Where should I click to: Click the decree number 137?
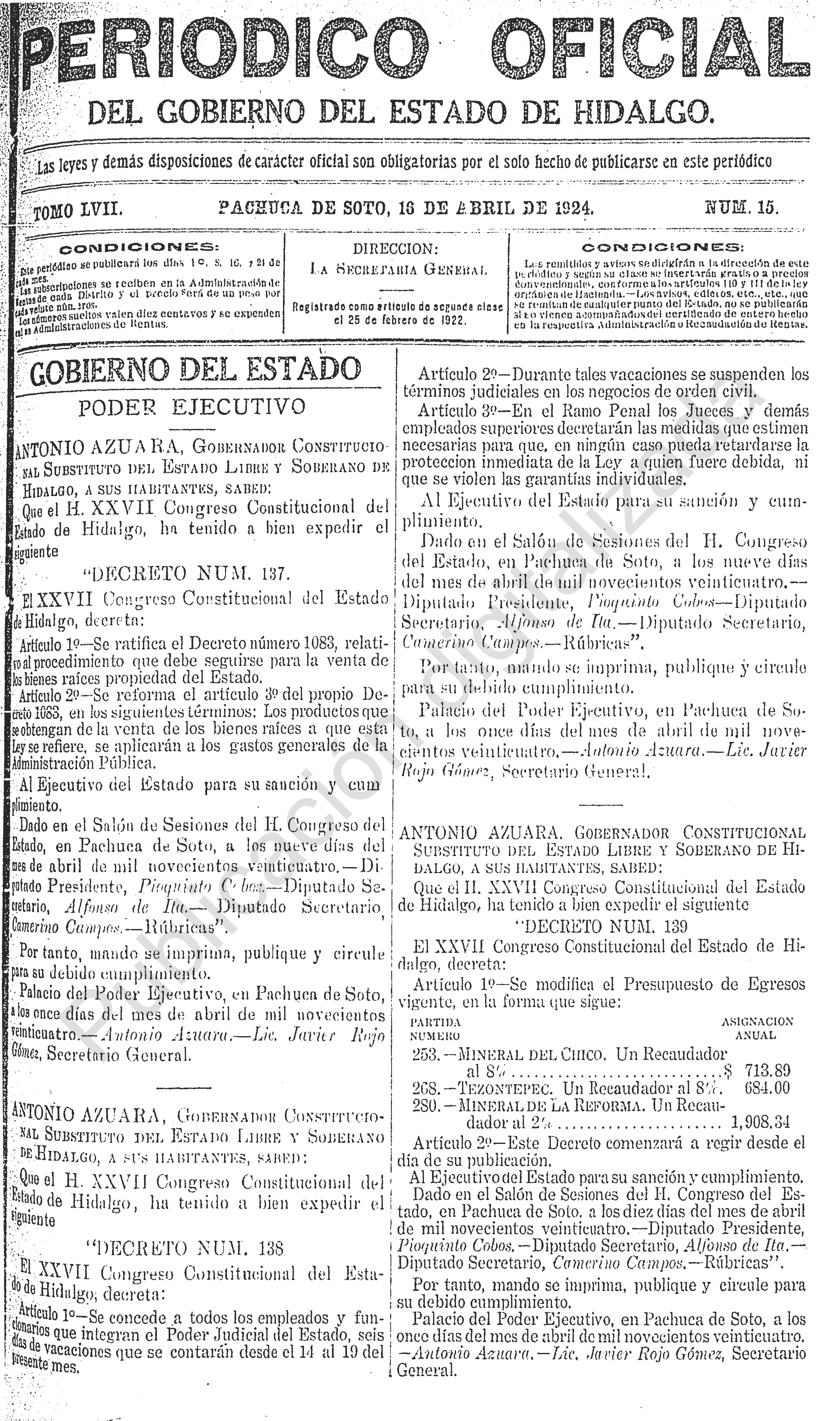[276, 574]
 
